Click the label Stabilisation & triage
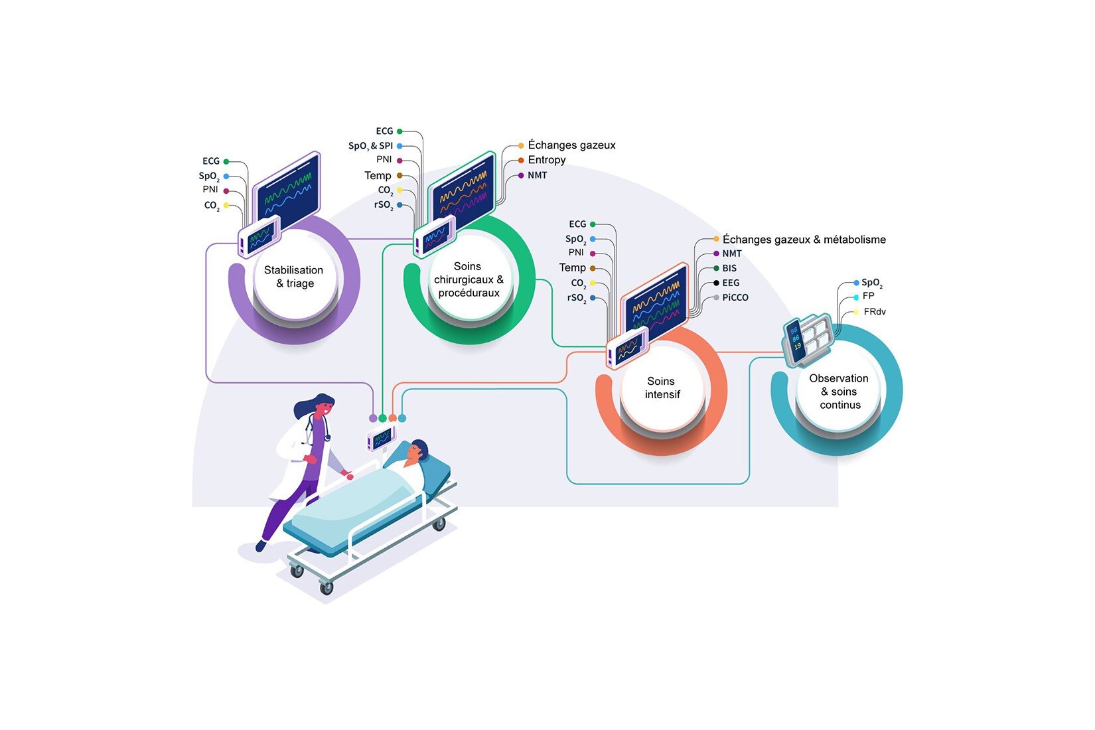pyautogui.click(x=293, y=277)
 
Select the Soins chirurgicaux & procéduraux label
pyautogui.click(x=469, y=279)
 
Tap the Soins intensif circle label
pyautogui.click(x=662, y=388)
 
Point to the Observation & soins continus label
pyautogui.click(x=839, y=392)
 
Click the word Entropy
pyautogui.click(x=547, y=160)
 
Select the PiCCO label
pyautogui.click(x=735, y=297)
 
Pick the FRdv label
pyautogui.click(x=875, y=312)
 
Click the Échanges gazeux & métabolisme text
pyautogui.click(x=804, y=240)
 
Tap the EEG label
pyautogui.click(x=731, y=283)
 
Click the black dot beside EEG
pyautogui.click(x=716, y=283)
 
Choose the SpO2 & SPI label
pyautogui.click(x=370, y=146)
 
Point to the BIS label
pyautogui.click(x=729, y=268)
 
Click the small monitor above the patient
pyautogui.click(x=382, y=438)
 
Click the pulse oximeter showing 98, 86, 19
pyautogui.click(x=795, y=342)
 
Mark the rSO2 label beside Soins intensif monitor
pyautogui.click(x=576, y=299)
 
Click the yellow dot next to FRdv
pyautogui.click(x=856, y=312)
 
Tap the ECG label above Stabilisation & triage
pyautogui.click(x=211, y=161)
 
